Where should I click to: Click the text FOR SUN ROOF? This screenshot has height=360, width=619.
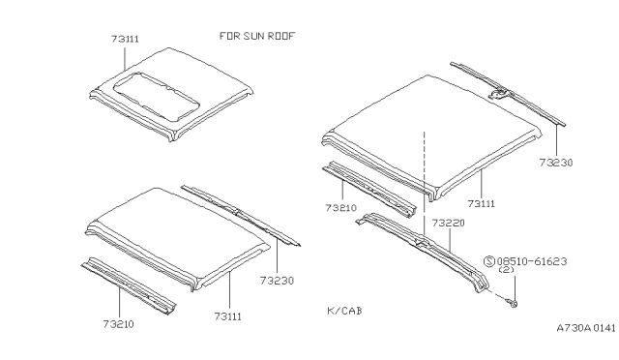(256, 36)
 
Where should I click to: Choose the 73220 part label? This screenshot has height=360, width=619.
(448, 224)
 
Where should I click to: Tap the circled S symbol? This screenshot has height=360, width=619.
(489, 261)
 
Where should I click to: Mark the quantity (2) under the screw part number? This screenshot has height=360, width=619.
(505, 272)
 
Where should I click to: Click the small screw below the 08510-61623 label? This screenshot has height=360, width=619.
(513, 304)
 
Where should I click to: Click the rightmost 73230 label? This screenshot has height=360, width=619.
(557, 163)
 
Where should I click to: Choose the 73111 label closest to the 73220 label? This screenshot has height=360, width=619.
(482, 203)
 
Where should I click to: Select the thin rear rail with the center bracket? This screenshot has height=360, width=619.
(508, 94)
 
